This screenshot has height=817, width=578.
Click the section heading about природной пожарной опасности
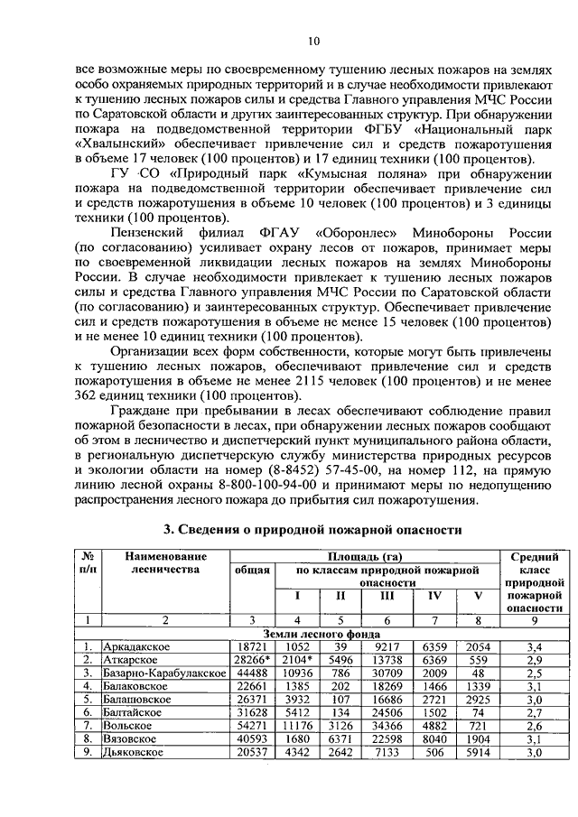(312, 528)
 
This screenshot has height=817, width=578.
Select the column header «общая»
(252, 571)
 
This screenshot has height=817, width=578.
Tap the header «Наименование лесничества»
(165, 563)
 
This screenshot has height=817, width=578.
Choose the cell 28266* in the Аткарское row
(253, 661)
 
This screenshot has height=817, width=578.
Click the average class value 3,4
(533, 647)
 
